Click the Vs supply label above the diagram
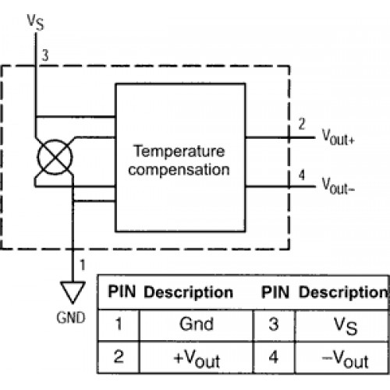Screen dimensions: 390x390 [x=36, y=23]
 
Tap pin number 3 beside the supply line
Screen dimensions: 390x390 [x=45, y=55]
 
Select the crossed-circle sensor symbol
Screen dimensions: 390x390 [x=55, y=157]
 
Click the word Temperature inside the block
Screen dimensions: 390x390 [x=179, y=151]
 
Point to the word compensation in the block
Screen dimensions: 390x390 [x=179, y=170]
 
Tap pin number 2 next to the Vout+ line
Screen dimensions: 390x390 [x=302, y=124]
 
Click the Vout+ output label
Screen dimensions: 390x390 [x=339, y=136]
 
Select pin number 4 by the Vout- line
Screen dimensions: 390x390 [x=302, y=175]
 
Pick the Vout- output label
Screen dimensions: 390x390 [x=339, y=186]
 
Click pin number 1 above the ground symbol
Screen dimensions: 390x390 [x=83, y=265]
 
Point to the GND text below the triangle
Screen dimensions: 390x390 [x=71, y=317]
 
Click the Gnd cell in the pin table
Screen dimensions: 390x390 [x=197, y=325]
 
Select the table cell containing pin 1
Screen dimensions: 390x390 [x=119, y=325]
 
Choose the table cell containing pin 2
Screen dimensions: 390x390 [x=119, y=357]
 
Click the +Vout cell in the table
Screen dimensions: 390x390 [x=197, y=357]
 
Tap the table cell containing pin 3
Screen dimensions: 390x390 [x=274, y=325]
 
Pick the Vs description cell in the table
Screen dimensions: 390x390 [x=342, y=325]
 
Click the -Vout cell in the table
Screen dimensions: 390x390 [x=342, y=357]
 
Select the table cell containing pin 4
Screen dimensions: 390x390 [x=274, y=357]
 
